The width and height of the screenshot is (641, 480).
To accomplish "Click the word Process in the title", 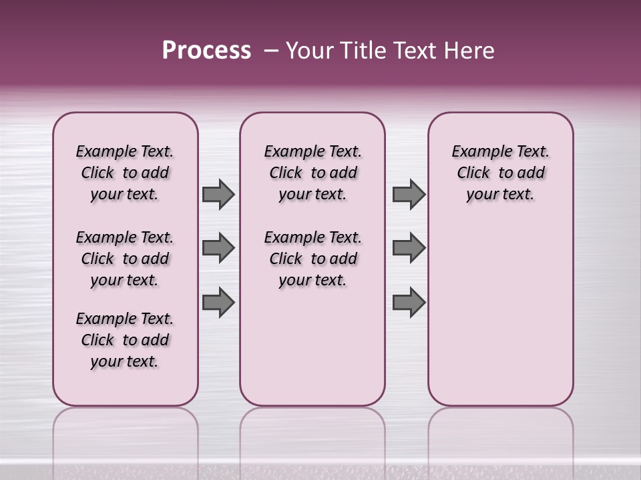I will click(206, 51).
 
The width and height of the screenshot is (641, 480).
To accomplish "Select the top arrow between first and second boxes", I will click(218, 195).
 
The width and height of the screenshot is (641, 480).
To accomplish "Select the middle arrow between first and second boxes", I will click(218, 248).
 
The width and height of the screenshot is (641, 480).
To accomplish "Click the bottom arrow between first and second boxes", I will click(218, 302).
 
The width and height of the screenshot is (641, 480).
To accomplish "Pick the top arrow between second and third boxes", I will click(409, 195).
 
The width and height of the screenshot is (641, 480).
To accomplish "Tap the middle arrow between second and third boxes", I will click(409, 248).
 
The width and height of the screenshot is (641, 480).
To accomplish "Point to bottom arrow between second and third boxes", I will click(409, 302).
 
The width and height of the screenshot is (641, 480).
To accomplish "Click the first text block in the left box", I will click(125, 173).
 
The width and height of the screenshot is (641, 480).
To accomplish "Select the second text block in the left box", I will click(125, 259).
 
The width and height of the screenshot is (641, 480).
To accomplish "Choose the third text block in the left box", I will click(125, 340).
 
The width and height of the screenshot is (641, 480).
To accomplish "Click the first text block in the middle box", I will click(312, 173).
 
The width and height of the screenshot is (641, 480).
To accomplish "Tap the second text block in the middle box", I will click(312, 259).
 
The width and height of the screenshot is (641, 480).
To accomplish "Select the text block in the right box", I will click(500, 173).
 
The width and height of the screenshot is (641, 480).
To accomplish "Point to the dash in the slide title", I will click(271, 51).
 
